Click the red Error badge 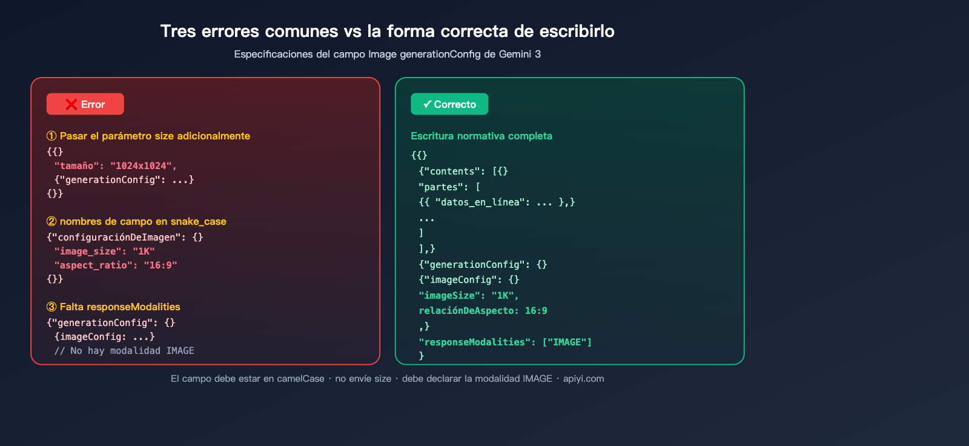(x=85, y=104)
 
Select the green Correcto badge (x=449, y=104)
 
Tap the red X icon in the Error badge (x=71, y=104)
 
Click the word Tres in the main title (x=178, y=31)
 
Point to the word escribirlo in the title (x=577, y=31)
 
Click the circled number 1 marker (x=51, y=136)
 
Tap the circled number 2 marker (x=51, y=221)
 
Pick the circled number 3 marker (x=51, y=307)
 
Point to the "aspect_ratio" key (x=91, y=265)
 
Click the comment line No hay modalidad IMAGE (x=124, y=351)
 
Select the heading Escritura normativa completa (x=481, y=136)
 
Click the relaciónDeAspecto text (x=466, y=311)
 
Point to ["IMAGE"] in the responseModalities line (x=567, y=342)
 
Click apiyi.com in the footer (x=584, y=379)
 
